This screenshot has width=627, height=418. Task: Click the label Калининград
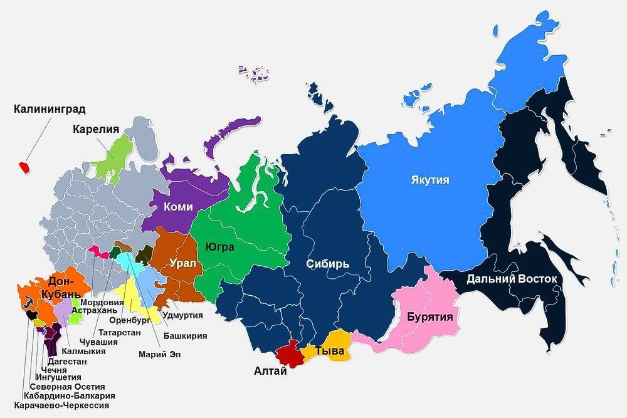[x=50, y=110]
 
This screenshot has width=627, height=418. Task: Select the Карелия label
[x=95, y=130]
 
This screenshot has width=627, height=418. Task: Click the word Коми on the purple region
[x=177, y=207]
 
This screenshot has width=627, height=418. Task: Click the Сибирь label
[x=327, y=263]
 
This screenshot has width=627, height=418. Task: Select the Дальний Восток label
[x=511, y=279]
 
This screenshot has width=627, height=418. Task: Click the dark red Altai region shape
[x=289, y=355]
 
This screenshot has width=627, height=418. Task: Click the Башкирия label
[x=185, y=336]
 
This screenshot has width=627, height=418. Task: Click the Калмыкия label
[x=85, y=352]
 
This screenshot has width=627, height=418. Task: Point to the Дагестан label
[x=66, y=362]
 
